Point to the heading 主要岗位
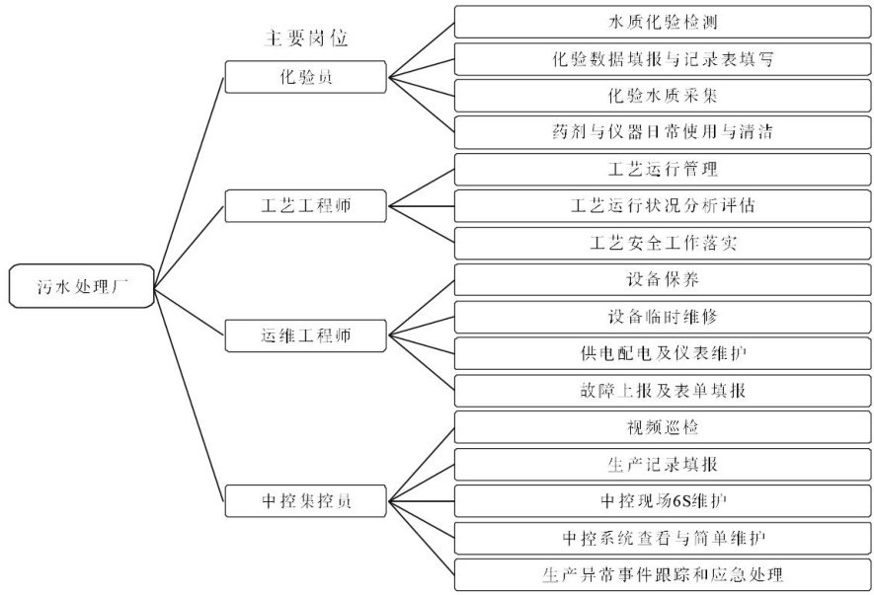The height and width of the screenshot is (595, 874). coord(306,38)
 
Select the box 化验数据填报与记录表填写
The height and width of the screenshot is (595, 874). coord(663,59)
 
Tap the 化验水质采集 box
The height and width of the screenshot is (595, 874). coord(663,96)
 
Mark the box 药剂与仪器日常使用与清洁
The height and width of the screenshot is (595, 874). coord(663,132)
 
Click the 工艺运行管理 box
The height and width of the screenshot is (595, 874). coord(663,170)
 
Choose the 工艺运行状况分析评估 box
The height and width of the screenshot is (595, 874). coord(663,206)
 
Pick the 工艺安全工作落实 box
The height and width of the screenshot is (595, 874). coord(663,243)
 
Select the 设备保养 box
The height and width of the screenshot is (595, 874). coord(663,279)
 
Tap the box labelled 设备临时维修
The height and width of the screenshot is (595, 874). coord(663,316)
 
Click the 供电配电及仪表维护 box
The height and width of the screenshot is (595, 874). coord(663,352)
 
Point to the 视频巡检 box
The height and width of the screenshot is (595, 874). coord(663,427)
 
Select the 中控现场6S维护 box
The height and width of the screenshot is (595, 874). coord(663,500)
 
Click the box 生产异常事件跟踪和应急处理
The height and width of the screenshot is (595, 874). coord(663,573)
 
